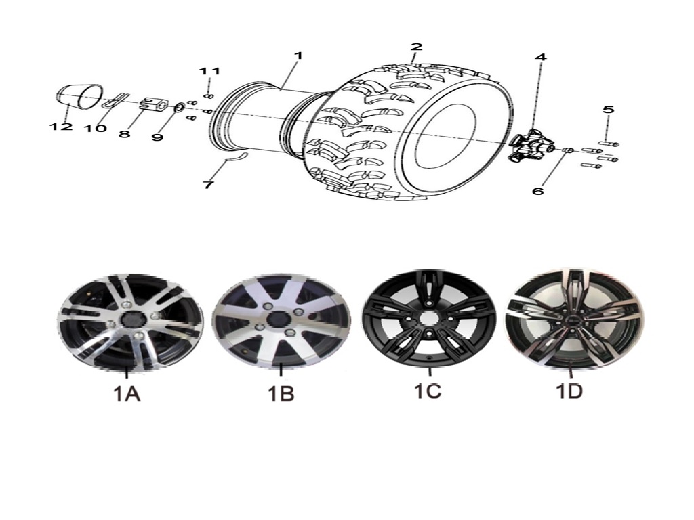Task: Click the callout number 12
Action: pos(61,127)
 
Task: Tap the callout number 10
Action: pos(96,128)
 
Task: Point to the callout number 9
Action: pos(157,137)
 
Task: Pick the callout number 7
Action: pos(208,184)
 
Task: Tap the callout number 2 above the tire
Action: pos(416,47)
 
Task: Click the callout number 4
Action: pos(540,58)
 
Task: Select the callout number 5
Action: pos(609,109)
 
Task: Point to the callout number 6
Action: pos(537,191)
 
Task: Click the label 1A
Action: pos(127,393)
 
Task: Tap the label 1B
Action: pos(281,393)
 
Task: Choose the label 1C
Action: pos(428,391)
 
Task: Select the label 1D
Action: pos(569,391)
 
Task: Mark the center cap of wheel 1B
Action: pos(277,318)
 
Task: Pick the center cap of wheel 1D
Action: pos(571,320)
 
